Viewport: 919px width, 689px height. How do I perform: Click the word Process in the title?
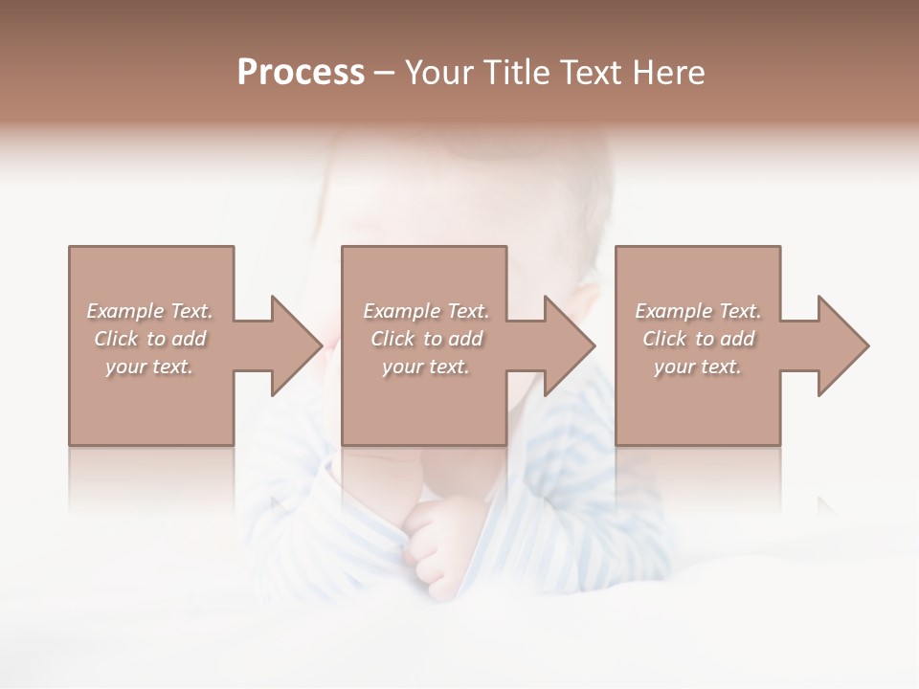click(x=301, y=73)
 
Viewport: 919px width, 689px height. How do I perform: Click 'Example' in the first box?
click(x=125, y=311)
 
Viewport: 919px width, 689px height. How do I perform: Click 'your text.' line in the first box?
click(x=149, y=367)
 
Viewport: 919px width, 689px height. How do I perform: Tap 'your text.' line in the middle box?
click(x=425, y=367)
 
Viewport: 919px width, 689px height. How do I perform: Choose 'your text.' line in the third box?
click(x=697, y=367)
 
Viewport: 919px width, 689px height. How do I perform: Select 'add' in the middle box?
click(x=465, y=339)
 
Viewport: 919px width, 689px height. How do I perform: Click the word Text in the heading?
click(x=585, y=73)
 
